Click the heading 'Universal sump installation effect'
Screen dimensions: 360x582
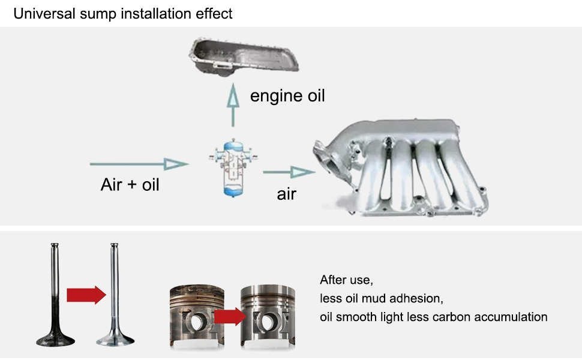123,13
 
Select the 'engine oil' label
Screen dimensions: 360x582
287,95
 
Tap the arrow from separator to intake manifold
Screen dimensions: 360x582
289,173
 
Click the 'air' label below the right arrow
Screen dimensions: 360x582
286,194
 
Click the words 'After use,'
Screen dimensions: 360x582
347,280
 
